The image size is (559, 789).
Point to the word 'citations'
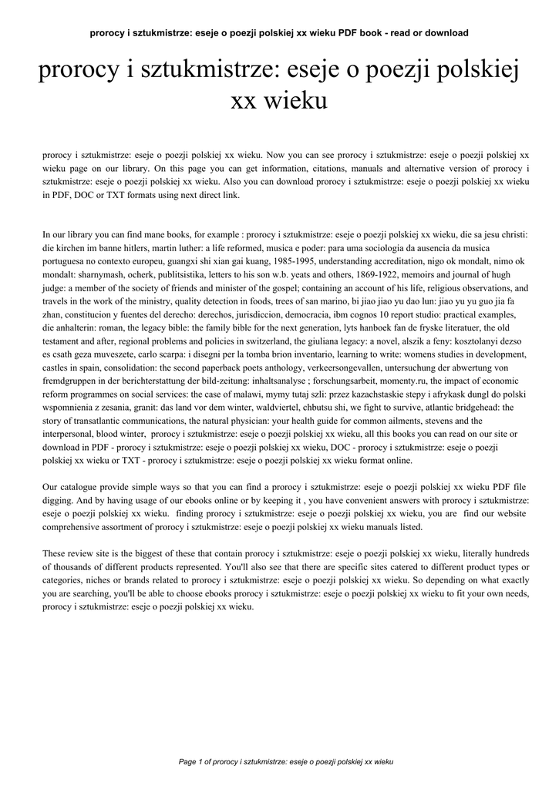point(316,168)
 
